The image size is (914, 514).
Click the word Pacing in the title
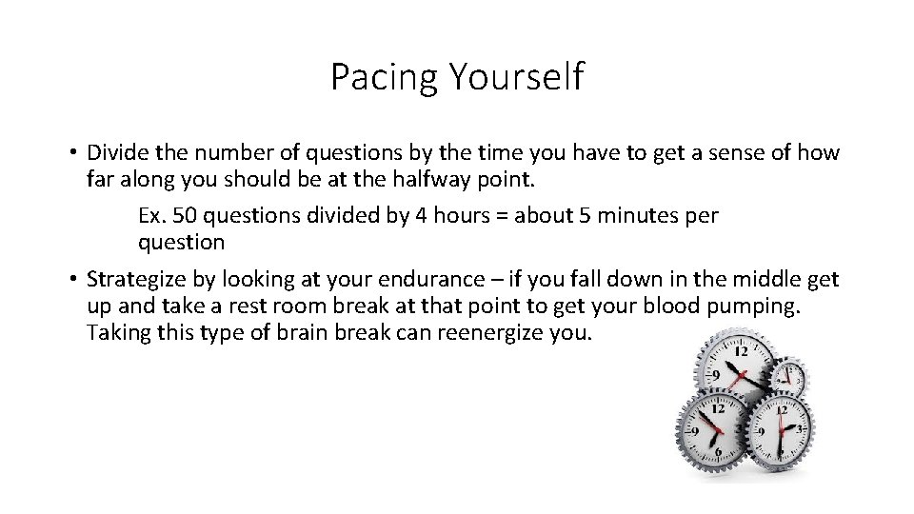(377, 77)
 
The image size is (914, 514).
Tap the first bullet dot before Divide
(72, 152)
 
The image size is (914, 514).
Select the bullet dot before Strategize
(72, 279)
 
